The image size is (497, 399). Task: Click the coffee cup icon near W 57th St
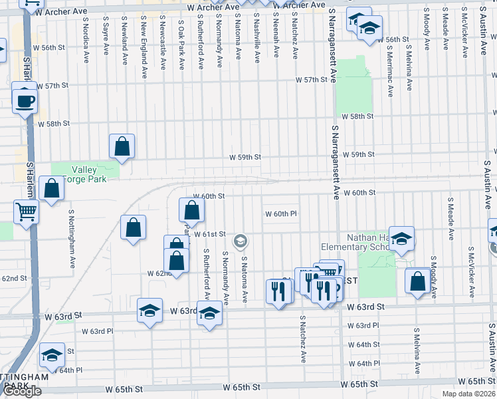point(25,102)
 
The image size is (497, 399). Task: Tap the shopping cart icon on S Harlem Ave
point(25,212)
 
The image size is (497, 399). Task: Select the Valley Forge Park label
point(88,174)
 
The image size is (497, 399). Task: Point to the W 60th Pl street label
point(281,214)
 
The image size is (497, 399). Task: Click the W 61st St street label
point(211,234)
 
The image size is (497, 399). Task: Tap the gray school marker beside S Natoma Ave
point(241,241)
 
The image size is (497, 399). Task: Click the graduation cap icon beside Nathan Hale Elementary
point(401,239)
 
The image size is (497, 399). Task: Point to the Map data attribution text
point(468,394)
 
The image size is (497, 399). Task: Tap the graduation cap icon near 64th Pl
point(52,356)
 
